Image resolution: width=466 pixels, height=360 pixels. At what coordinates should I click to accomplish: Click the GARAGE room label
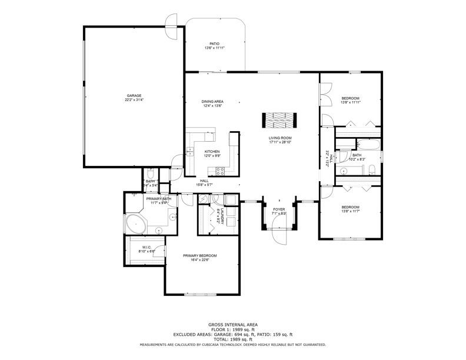(x=134, y=95)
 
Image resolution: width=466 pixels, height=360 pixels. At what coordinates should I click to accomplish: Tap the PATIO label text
(x=215, y=44)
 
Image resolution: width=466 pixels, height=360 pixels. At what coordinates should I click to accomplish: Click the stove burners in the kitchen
(x=221, y=171)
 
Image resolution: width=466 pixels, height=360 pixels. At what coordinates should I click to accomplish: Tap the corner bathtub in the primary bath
(x=136, y=224)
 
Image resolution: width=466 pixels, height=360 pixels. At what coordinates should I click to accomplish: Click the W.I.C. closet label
(x=147, y=247)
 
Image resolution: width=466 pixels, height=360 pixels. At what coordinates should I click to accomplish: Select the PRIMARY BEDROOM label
(x=200, y=255)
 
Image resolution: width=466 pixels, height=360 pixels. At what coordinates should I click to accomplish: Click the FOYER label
(x=279, y=209)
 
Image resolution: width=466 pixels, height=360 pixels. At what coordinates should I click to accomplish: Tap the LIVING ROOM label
(x=280, y=138)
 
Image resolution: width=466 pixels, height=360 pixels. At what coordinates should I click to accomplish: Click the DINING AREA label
(x=212, y=102)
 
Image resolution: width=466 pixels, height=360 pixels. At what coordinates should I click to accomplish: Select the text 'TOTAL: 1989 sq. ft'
(x=232, y=339)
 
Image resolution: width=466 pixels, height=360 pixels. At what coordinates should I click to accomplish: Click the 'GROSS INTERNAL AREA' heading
(x=232, y=325)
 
